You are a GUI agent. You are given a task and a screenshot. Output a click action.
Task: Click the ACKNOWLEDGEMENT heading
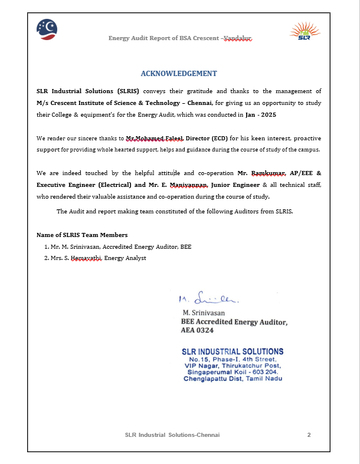[x=179, y=74]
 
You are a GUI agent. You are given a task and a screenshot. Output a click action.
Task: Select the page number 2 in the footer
[x=309, y=435]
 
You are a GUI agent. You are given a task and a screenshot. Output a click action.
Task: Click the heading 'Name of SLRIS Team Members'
[x=82, y=235]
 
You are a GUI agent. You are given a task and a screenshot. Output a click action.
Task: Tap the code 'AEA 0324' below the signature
[x=198, y=331]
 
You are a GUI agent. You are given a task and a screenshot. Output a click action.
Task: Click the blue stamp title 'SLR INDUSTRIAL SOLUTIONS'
[x=233, y=351]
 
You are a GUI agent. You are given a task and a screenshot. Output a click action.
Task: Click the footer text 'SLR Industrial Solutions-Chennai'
[x=172, y=435]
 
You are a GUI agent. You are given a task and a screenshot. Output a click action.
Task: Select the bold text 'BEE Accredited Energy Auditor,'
[x=234, y=322]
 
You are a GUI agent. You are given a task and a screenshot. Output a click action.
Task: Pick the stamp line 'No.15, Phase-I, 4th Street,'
[x=233, y=359]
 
